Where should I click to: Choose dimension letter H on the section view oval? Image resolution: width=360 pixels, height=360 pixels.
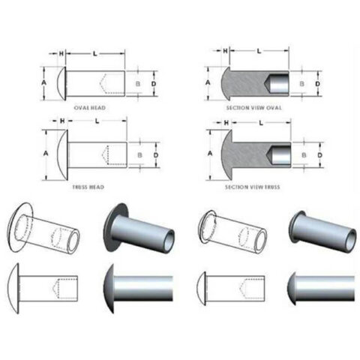[x=224, y=50]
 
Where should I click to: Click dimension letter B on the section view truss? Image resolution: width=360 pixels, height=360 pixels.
[x=302, y=155]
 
